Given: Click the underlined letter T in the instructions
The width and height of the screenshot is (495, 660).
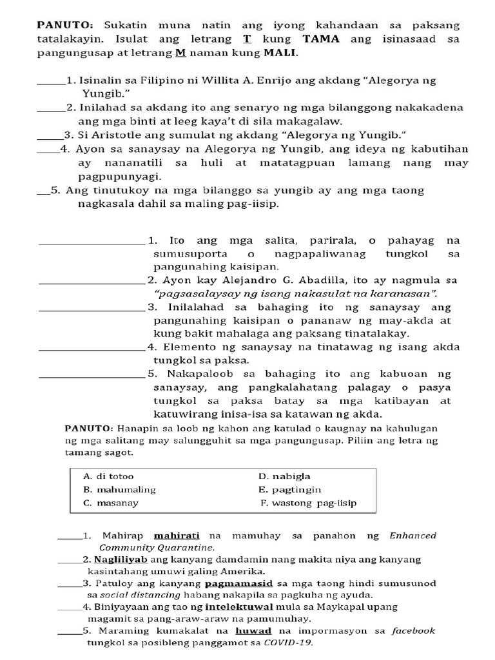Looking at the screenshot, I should coord(247,39).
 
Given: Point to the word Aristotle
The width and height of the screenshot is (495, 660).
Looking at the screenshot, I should coord(115,135).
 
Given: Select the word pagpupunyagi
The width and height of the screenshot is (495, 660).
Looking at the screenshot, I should coord(119,176).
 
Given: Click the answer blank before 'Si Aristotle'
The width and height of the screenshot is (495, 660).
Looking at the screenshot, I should coord(47,135).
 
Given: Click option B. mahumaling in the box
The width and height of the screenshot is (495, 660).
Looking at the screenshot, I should coord(119,490).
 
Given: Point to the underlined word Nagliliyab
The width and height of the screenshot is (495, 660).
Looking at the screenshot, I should coord(115,559).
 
